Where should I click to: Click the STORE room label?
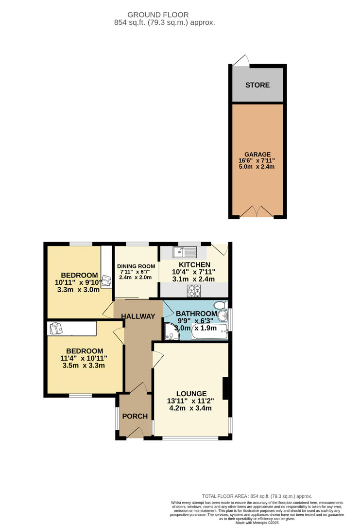pyautogui.click(x=257, y=85)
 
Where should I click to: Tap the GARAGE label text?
pyautogui.click(x=257, y=155)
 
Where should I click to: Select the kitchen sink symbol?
pyautogui.click(x=184, y=252)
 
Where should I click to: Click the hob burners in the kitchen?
pyautogui.click(x=194, y=291)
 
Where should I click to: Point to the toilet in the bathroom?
pyautogui.click(x=221, y=305)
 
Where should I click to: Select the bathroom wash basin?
pyautogui.click(x=223, y=316)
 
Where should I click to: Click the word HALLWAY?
pyautogui.click(x=138, y=316)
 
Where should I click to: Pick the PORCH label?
pyautogui.click(x=135, y=416)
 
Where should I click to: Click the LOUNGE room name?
pyautogui.click(x=191, y=394)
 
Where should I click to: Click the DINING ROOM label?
pyautogui.click(x=136, y=266)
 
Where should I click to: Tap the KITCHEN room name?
pyautogui.click(x=194, y=264)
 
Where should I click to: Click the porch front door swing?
pyautogui.click(x=135, y=433)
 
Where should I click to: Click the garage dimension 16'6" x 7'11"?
pyautogui.click(x=257, y=161)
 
